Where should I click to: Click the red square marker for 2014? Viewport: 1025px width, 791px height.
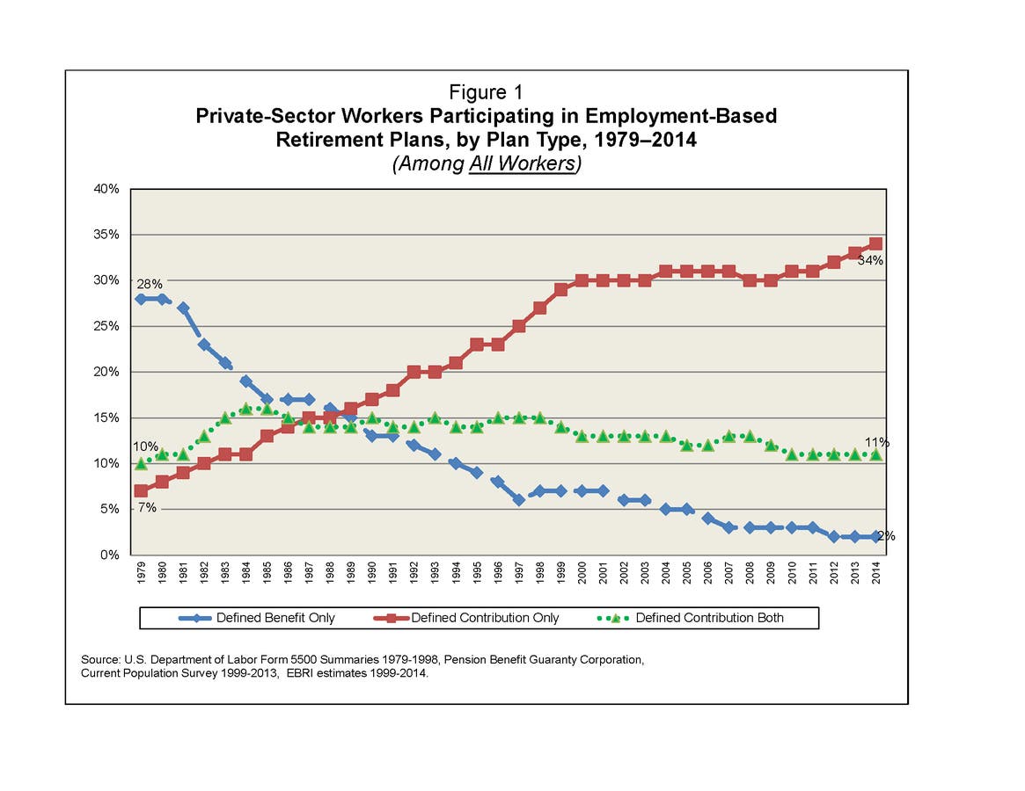click(x=875, y=243)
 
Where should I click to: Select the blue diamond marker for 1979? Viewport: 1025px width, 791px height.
click(x=141, y=299)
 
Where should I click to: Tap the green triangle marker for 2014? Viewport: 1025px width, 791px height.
click(x=875, y=454)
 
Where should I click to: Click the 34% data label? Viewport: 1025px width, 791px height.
click(x=870, y=261)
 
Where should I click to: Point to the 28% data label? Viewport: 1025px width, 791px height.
click(x=148, y=284)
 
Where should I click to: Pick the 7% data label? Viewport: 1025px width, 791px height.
click(x=145, y=508)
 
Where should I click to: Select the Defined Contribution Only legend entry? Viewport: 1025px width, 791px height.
click(x=485, y=618)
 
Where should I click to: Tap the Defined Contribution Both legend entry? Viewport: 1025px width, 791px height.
click(x=709, y=618)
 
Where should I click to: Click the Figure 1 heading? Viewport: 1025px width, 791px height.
click(x=487, y=92)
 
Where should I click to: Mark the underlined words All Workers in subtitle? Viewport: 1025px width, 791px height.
click(x=521, y=163)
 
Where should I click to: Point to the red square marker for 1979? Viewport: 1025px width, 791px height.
click(x=141, y=490)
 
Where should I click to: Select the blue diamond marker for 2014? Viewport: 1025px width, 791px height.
click(x=875, y=536)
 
